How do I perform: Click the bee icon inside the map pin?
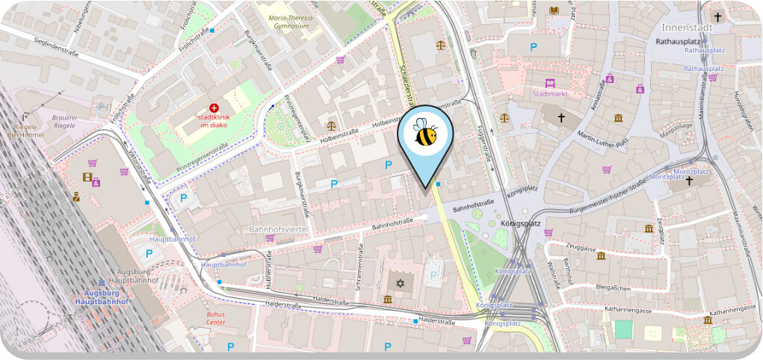coord(426,134)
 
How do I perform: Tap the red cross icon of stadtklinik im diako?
coord(214,108)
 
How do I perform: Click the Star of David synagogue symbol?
coord(399,284)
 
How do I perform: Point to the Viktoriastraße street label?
coord(139,166)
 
